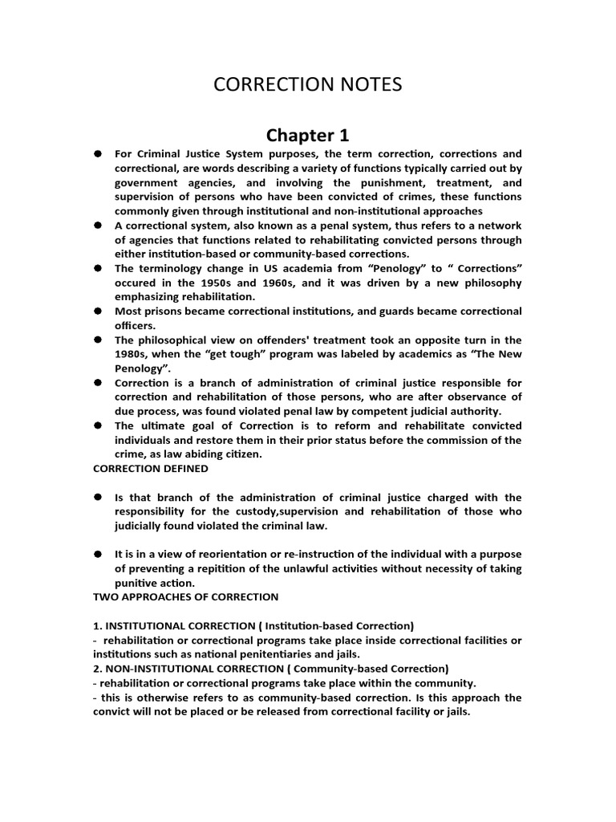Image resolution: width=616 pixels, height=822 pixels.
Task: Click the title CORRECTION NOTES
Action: [x=307, y=84]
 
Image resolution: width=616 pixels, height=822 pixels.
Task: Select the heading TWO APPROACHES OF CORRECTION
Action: [x=186, y=596]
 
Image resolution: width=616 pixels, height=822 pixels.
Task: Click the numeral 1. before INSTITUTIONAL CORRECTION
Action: [x=98, y=625]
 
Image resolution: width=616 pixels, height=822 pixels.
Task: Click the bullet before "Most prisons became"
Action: [x=96, y=311]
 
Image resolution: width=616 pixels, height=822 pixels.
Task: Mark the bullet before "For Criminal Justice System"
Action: [x=96, y=153]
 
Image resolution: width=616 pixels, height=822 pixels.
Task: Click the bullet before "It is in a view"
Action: [x=96, y=554]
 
